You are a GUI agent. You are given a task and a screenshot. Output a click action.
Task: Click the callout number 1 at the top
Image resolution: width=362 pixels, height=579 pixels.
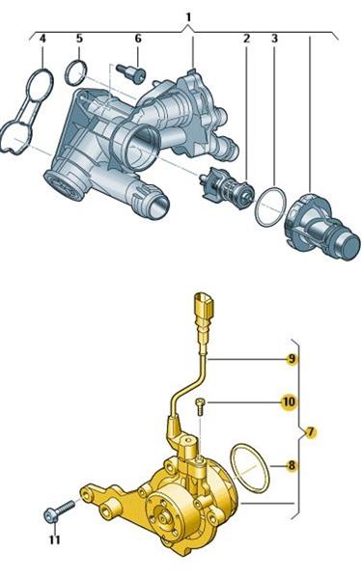189,17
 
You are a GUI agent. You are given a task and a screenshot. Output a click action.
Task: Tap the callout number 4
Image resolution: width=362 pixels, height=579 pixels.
42,39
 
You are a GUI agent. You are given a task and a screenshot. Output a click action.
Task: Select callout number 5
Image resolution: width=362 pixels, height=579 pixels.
80,39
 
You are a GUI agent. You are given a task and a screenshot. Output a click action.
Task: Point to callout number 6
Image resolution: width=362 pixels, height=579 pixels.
138,39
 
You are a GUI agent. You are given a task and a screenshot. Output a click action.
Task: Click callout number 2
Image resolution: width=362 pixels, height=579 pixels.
246,39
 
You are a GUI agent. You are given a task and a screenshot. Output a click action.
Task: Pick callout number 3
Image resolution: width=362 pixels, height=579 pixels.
274,39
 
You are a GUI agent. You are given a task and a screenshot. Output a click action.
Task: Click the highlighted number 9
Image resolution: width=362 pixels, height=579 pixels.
292,359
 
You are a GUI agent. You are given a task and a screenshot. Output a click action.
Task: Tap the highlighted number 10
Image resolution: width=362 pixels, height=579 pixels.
289,401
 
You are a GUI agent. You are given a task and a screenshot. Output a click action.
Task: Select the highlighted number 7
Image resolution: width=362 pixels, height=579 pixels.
310,431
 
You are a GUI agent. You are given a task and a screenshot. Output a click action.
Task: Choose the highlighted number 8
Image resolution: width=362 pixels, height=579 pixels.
292,466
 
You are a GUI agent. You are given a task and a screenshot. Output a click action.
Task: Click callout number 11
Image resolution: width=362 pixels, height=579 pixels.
55,539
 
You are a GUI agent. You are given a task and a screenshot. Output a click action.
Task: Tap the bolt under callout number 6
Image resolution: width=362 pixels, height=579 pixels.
131,72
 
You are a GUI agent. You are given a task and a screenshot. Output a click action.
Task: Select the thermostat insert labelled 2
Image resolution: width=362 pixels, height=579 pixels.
225,187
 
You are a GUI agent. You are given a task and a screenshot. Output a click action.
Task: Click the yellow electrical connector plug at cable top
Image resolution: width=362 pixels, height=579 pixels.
204,306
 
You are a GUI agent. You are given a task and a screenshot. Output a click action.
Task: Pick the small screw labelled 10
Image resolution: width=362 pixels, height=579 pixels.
201,406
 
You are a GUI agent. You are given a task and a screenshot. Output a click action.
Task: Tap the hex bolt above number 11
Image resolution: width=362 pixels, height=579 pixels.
59,510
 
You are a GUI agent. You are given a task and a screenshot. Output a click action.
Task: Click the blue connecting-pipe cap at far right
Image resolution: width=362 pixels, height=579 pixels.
322,226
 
